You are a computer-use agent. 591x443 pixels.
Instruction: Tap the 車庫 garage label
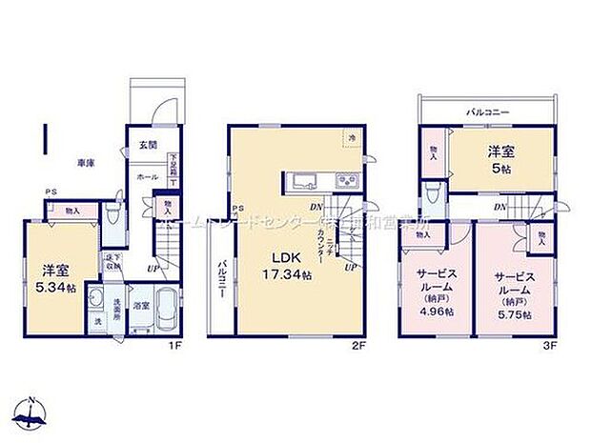point(85,163)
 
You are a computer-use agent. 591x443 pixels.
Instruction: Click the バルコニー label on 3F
point(486,112)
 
